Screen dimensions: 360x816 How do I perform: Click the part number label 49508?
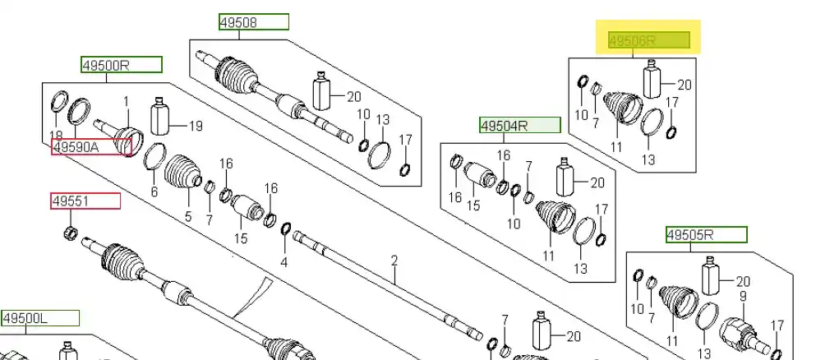(x=254, y=22)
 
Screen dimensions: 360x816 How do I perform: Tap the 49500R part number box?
(x=121, y=64)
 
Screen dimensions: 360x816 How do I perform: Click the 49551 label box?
(x=85, y=201)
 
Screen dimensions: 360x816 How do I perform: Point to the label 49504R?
(x=520, y=126)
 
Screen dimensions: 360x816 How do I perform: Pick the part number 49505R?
(x=706, y=235)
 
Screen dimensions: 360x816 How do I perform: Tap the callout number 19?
(x=196, y=127)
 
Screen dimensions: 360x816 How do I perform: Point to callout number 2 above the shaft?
(x=394, y=261)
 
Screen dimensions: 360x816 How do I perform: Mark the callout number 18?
(x=56, y=135)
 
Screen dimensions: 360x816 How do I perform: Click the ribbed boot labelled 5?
(x=182, y=178)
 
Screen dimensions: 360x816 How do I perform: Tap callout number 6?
(x=154, y=192)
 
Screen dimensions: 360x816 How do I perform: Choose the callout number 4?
(x=284, y=262)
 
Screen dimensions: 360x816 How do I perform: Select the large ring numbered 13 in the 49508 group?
(x=380, y=154)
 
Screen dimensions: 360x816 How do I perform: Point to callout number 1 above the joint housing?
(x=127, y=101)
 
